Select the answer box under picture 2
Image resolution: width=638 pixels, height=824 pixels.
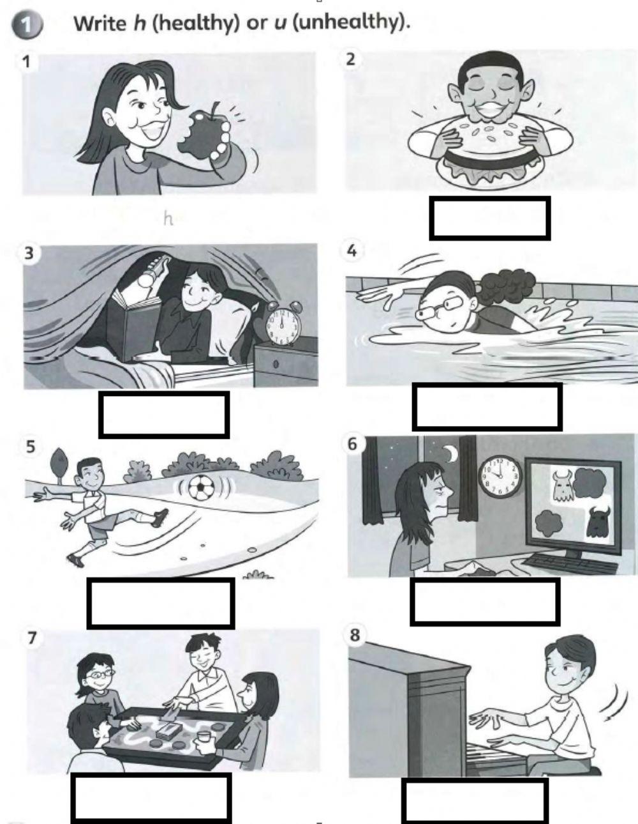[489, 218]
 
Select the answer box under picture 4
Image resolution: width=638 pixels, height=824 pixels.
[487, 406]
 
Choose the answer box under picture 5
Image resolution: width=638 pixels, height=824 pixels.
[160, 603]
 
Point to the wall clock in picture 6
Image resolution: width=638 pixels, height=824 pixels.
[500, 477]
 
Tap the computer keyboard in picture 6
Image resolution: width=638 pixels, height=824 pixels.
[555, 563]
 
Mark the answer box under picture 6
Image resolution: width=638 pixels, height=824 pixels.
[485, 601]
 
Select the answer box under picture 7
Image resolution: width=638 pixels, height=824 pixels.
[151, 797]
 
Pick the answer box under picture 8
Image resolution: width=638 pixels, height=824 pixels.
[475, 800]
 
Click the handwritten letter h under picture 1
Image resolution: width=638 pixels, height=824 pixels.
[168, 219]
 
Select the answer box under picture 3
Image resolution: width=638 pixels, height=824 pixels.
[164, 415]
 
